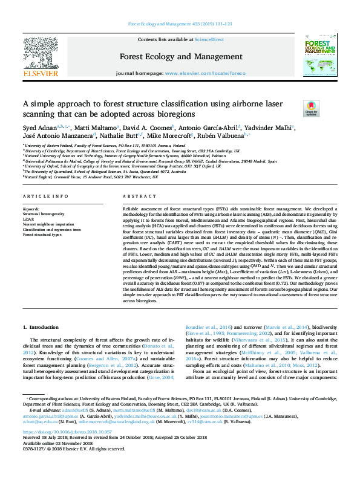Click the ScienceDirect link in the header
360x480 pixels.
click(209, 39)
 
